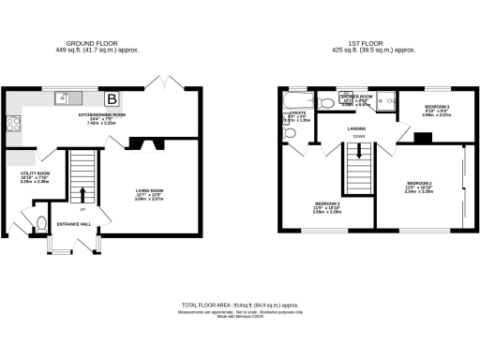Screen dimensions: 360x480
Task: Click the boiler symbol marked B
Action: [112, 97]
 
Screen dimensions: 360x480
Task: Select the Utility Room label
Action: [36, 173]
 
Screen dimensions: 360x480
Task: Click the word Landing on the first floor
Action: [357, 128]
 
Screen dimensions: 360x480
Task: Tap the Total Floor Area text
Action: [239, 306]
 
